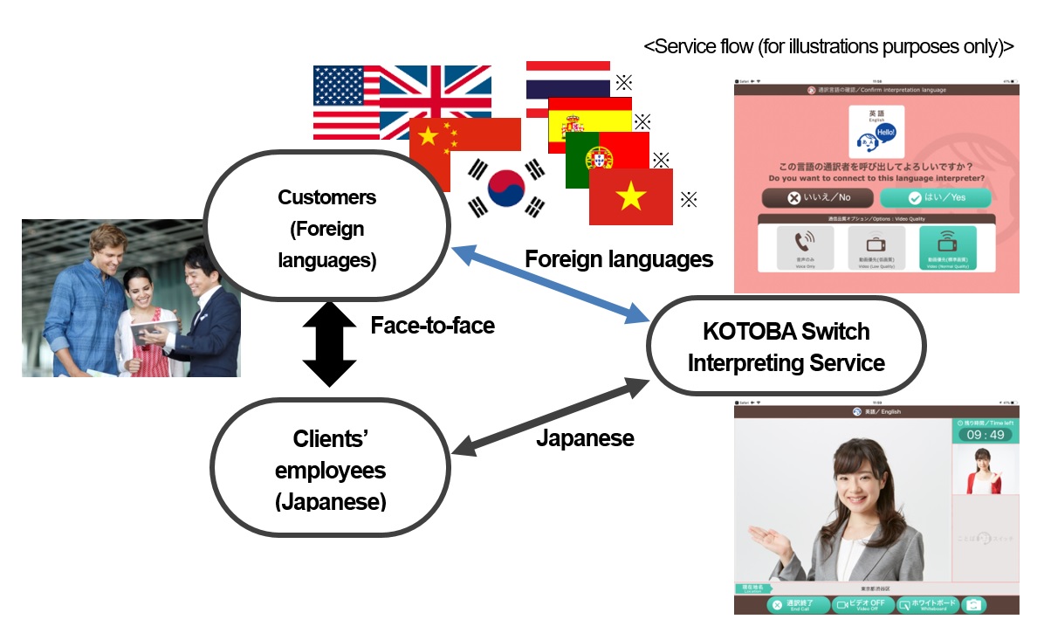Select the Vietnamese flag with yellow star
click(x=630, y=197)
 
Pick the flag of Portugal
click(x=608, y=157)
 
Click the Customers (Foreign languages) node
click(x=326, y=228)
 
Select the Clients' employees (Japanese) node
click(x=330, y=469)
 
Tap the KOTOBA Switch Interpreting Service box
click(x=786, y=347)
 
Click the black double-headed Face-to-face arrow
click(x=330, y=343)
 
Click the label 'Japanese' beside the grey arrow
click(x=584, y=438)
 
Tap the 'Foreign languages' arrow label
click(x=618, y=259)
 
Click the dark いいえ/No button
click(x=817, y=197)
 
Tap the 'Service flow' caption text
click(x=828, y=47)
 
